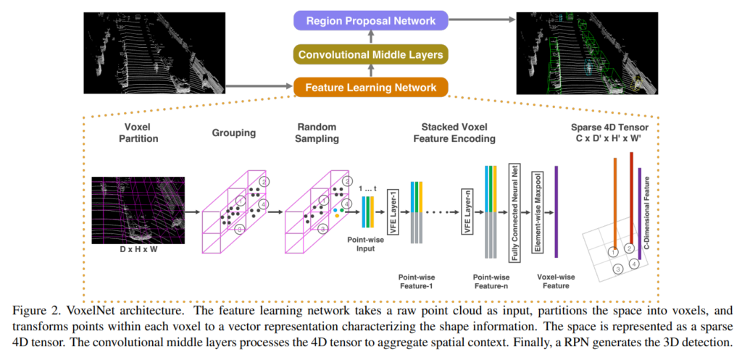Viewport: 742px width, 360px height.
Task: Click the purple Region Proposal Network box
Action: point(370,21)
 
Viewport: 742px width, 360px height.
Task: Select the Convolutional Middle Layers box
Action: point(370,54)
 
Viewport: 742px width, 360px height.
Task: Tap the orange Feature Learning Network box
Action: point(370,88)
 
